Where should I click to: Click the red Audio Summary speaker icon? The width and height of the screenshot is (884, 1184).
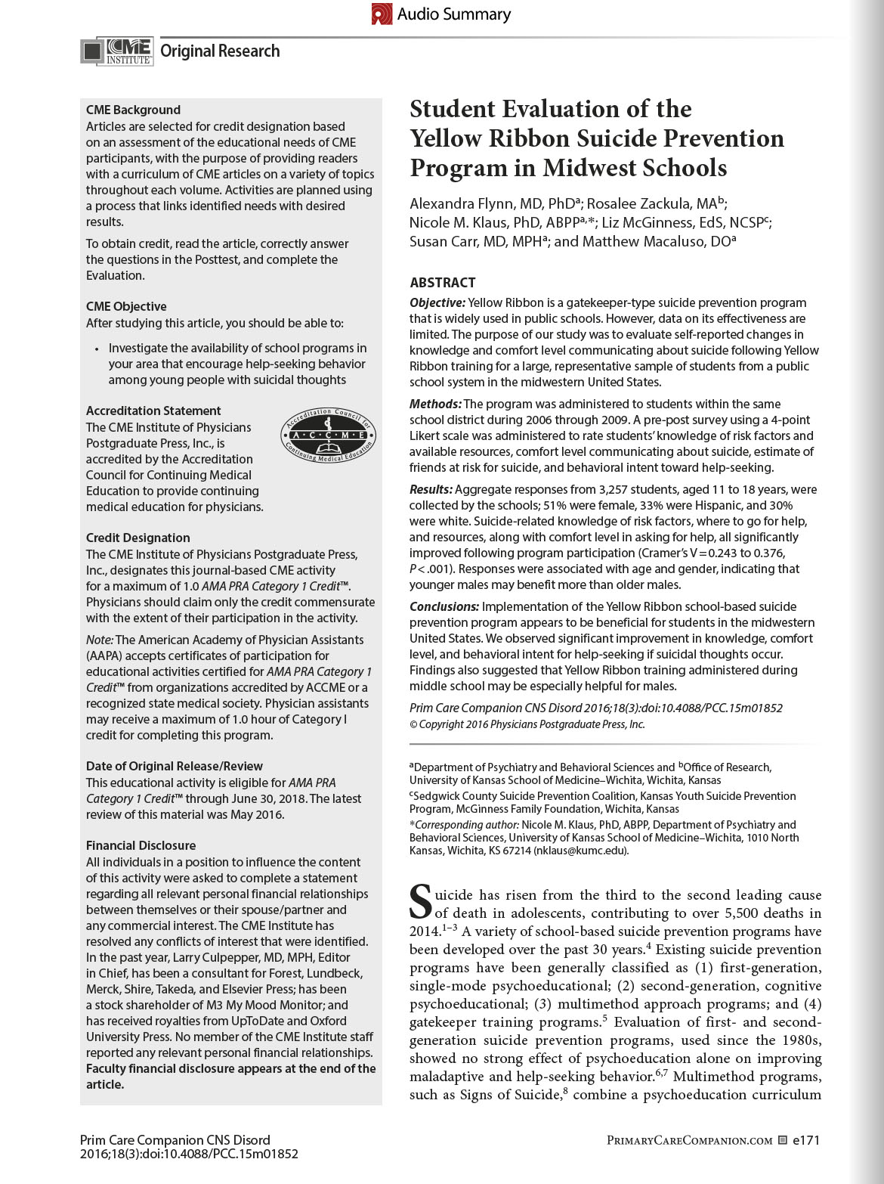(382, 14)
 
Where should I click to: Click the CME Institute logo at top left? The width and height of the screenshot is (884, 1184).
(117, 51)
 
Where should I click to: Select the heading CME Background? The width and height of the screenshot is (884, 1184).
(133, 110)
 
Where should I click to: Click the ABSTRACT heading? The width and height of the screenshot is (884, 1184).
(443, 282)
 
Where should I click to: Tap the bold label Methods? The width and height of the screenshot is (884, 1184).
(435, 404)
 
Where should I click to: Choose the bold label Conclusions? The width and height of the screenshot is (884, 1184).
(444, 606)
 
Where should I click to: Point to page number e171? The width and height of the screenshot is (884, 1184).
(806, 1140)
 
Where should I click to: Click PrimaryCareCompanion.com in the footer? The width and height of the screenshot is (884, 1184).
(689, 1140)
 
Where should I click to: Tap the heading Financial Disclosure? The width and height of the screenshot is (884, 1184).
(141, 845)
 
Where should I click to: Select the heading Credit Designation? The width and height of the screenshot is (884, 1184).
(138, 538)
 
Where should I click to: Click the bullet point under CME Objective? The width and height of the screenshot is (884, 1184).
(97, 349)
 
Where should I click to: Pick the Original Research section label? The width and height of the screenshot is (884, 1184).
(220, 51)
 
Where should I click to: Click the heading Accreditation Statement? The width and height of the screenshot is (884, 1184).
(153, 411)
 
